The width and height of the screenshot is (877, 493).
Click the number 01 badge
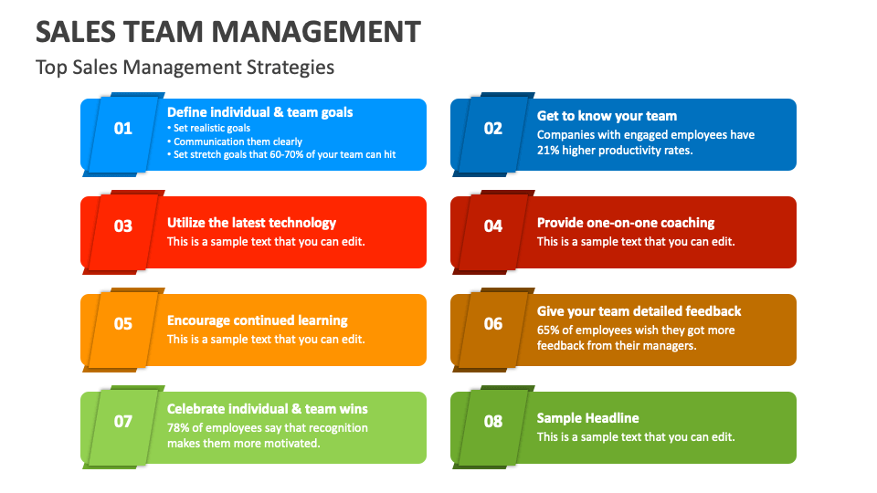coord(123,129)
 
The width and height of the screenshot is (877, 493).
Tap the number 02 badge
coord(493,129)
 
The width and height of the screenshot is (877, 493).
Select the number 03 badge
coord(123,226)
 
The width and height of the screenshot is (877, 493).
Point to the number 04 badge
coord(493,226)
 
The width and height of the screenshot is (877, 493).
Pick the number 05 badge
coord(123,324)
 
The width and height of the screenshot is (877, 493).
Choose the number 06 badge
coord(493,324)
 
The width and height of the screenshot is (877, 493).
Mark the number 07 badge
coord(123,422)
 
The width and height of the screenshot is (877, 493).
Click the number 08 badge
coord(493,422)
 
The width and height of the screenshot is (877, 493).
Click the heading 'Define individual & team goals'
coord(259,112)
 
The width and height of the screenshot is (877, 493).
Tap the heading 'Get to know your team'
coord(607,116)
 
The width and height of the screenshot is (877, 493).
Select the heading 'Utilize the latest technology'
coord(251,223)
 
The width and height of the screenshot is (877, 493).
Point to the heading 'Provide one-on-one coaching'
coord(626,223)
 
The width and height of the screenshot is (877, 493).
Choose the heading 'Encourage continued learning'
coord(257,320)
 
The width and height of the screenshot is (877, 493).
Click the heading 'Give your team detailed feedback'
coord(639,311)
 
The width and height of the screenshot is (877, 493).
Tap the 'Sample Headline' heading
coord(587,418)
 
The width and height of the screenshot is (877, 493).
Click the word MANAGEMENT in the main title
coord(316,32)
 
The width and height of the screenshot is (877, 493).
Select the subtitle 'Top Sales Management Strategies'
coord(185,68)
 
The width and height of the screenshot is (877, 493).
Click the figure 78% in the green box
coord(179,427)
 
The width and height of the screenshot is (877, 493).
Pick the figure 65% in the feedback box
coord(549,330)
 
